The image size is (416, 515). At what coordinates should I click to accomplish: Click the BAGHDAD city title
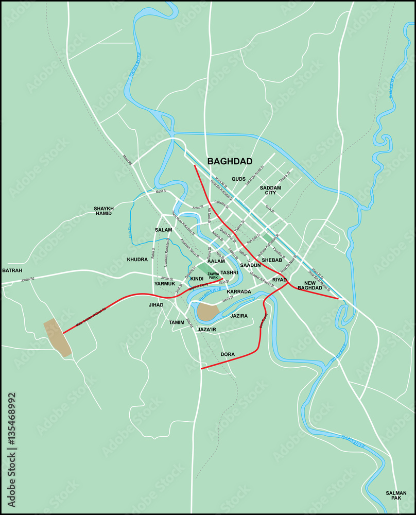pyautogui.click(x=230, y=161)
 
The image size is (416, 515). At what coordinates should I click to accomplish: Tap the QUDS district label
pyautogui.click(x=238, y=179)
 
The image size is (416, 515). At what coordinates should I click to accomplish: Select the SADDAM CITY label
pyautogui.click(x=270, y=190)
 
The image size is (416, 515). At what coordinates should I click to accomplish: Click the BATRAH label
pyautogui.click(x=12, y=270)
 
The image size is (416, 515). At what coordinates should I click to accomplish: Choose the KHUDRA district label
pyautogui.click(x=137, y=260)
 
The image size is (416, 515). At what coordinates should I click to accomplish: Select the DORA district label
pyautogui.click(x=228, y=354)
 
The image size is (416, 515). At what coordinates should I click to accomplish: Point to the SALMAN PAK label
pyautogui.click(x=396, y=495)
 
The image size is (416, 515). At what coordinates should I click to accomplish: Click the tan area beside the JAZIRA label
pyautogui.click(x=208, y=312)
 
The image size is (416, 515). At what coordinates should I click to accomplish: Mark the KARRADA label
pyautogui.click(x=239, y=291)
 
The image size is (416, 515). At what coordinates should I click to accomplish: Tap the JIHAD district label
pyautogui.click(x=156, y=305)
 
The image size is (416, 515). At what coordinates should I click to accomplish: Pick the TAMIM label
pyautogui.click(x=177, y=322)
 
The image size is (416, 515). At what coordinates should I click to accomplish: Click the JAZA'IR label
pyautogui.click(x=206, y=329)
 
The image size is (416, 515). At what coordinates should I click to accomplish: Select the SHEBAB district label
pyautogui.click(x=272, y=260)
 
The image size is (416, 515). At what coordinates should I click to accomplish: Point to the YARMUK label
pyautogui.click(x=165, y=283)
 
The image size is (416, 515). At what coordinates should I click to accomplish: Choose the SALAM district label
pyautogui.click(x=163, y=230)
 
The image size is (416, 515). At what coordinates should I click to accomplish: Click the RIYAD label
pyautogui.click(x=279, y=279)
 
